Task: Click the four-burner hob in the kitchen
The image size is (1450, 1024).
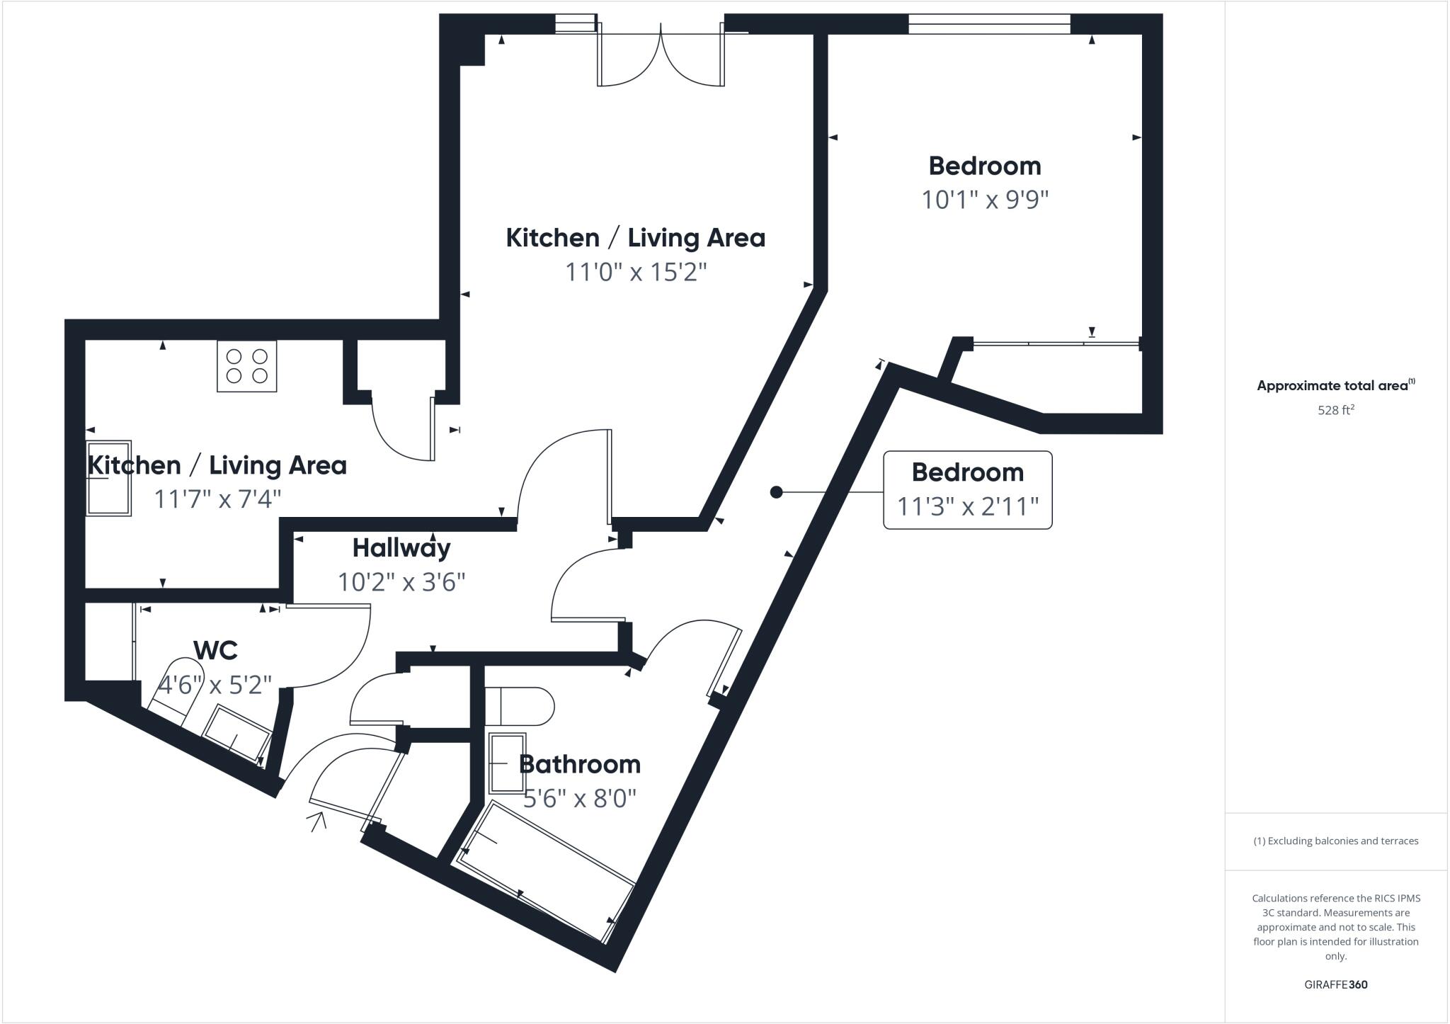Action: tap(246, 366)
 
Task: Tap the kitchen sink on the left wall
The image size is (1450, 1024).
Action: tap(109, 479)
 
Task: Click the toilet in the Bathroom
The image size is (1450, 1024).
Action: tap(520, 706)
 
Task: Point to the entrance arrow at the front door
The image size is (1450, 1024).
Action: tap(318, 821)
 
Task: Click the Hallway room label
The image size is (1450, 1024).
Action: tap(401, 548)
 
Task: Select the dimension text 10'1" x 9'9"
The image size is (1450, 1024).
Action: tap(984, 200)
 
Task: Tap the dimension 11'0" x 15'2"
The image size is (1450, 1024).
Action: tap(636, 272)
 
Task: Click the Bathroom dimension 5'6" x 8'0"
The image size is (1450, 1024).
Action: tap(580, 799)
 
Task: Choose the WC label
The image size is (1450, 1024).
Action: tap(215, 650)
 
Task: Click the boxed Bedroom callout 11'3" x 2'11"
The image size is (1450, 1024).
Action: tap(967, 490)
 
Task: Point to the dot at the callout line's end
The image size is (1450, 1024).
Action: tap(776, 492)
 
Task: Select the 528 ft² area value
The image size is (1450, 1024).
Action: tap(1336, 410)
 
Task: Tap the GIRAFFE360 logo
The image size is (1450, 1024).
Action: tap(1335, 984)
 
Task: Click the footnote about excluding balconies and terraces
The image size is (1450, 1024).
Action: tap(1336, 841)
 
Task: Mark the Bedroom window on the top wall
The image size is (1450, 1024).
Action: tap(989, 24)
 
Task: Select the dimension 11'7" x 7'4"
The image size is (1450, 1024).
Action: tap(217, 500)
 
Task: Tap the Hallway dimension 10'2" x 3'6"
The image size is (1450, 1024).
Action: tap(401, 583)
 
